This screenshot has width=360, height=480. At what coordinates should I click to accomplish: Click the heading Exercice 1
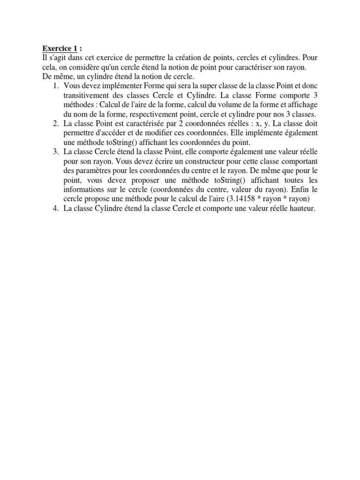point(60,48)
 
